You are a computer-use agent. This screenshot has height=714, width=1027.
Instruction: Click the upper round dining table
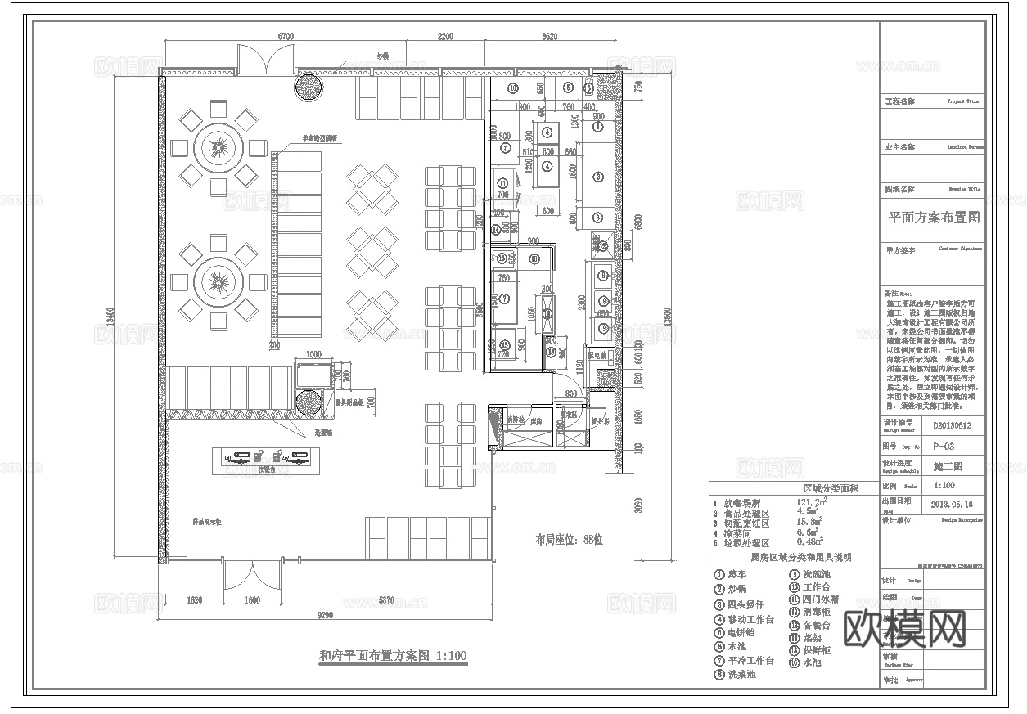[218, 147]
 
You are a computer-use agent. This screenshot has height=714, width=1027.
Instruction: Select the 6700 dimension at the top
[286, 38]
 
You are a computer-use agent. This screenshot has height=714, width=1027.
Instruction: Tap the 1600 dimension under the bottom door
[252, 600]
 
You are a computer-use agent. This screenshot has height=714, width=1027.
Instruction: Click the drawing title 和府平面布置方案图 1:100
[392, 655]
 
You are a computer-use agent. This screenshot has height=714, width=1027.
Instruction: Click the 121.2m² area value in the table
[811, 502]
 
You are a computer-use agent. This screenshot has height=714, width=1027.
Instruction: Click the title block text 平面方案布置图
[933, 218]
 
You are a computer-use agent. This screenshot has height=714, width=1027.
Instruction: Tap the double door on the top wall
[266, 60]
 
